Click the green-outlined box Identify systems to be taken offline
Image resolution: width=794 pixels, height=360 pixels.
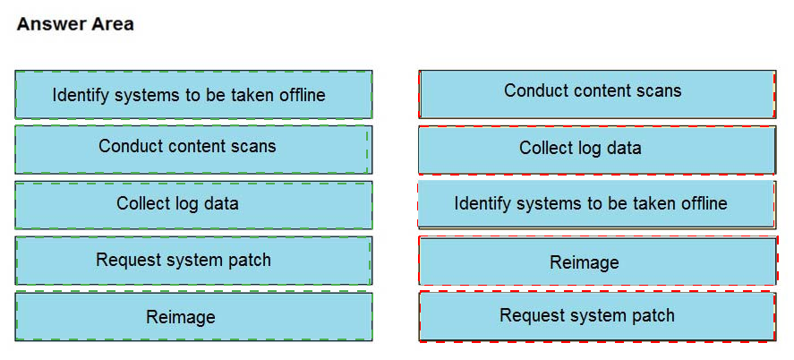[193, 95]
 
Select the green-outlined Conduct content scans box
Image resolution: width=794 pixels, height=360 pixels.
[193, 150]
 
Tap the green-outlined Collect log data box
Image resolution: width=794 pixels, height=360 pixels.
[193, 205]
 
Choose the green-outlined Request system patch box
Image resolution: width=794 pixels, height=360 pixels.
[193, 261]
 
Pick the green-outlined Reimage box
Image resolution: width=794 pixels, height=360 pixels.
[193, 316]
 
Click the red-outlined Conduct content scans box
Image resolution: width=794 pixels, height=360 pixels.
[598, 94]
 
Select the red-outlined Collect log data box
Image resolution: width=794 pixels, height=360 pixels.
[598, 150]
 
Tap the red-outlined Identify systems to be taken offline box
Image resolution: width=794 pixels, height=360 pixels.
[596, 204]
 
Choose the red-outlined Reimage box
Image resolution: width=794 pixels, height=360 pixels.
[598, 261]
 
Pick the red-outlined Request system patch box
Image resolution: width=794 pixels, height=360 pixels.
[598, 316]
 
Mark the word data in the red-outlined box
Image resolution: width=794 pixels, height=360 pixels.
[622, 148]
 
